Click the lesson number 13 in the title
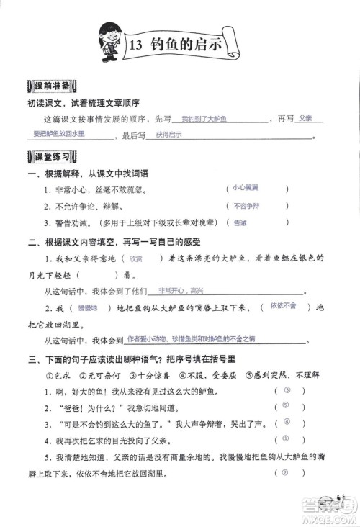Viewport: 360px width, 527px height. click(135, 45)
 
